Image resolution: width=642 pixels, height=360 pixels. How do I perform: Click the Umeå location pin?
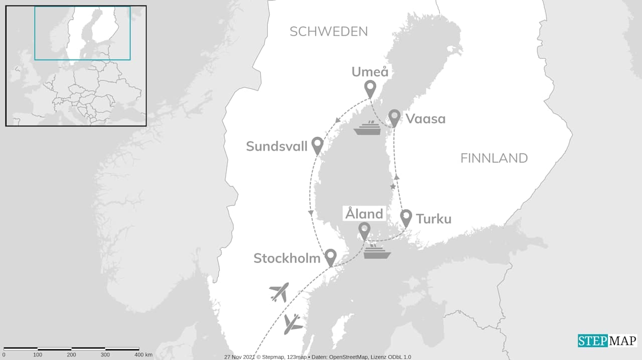point(370,89)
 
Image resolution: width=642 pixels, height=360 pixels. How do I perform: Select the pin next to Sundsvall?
point(317,145)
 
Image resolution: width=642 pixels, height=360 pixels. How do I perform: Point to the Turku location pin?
point(406,218)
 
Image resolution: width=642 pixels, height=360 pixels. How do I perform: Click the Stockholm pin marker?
point(330,257)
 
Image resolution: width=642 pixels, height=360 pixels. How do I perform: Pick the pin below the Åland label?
point(365,231)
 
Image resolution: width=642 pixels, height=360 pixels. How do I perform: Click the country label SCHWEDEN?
point(329,32)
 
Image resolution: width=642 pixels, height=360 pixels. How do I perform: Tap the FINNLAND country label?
point(494,158)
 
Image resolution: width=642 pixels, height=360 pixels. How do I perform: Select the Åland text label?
point(364,214)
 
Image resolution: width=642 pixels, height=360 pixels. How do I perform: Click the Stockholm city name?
point(287,258)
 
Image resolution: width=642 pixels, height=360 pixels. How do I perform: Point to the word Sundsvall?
point(276,146)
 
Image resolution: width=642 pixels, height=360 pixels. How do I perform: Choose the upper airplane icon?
point(279,292)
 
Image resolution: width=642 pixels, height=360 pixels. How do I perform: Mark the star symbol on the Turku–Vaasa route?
point(393,187)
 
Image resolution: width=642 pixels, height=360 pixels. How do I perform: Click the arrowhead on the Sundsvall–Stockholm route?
point(311,214)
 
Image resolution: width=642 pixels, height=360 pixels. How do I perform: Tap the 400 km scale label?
point(142,354)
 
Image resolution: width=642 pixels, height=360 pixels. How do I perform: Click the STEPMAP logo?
point(607,341)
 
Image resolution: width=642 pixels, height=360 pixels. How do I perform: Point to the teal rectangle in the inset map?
point(82,33)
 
